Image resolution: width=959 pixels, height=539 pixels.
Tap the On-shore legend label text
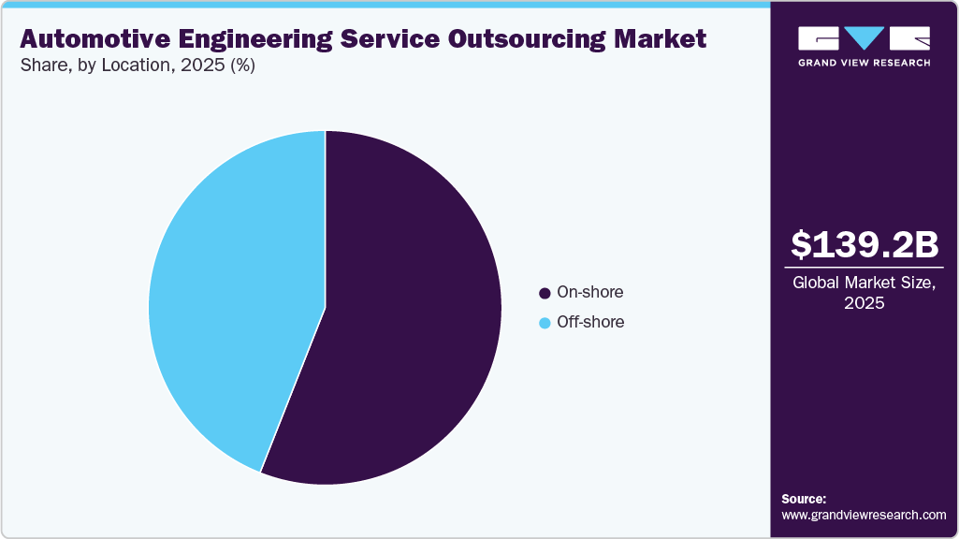589,292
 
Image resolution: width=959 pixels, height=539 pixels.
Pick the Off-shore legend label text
590,322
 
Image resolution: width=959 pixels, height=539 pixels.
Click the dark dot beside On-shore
545,293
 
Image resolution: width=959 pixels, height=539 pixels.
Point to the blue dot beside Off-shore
545,323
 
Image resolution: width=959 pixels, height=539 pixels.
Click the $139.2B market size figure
864,245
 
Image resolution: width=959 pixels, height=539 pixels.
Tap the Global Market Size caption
864,283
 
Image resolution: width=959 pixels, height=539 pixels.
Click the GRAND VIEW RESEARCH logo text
864,63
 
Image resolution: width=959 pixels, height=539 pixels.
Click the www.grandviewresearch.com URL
864,515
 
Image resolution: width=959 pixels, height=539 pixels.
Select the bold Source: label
804,499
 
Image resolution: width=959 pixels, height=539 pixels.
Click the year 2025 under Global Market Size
864,303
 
